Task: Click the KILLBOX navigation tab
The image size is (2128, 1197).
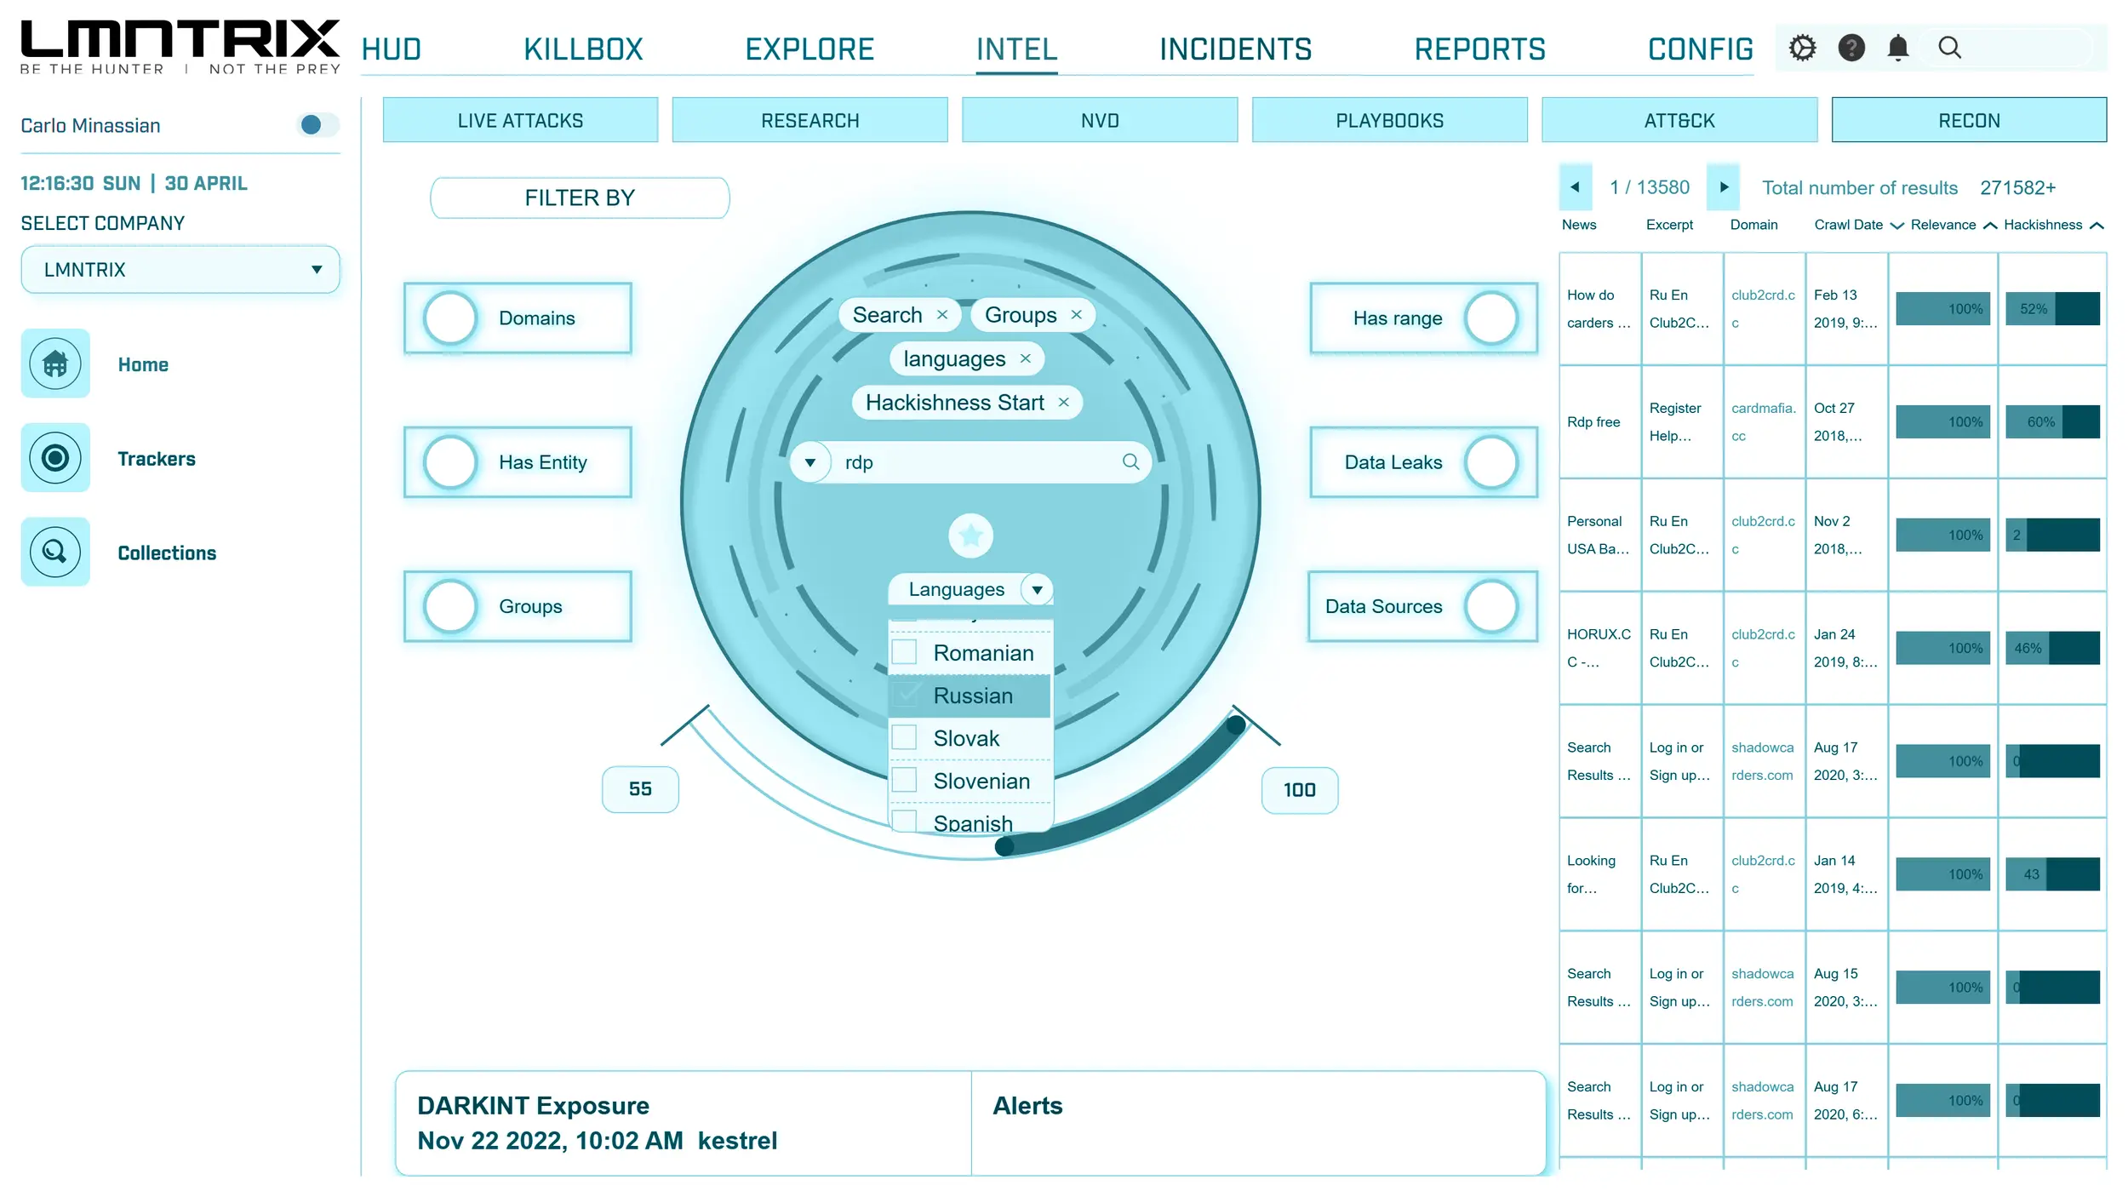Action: coord(583,49)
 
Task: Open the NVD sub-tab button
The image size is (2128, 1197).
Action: coord(1099,120)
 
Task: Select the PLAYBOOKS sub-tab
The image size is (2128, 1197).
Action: coord(1389,120)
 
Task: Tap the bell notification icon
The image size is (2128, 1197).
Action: coord(1897,48)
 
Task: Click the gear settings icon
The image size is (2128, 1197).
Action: coord(1802,48)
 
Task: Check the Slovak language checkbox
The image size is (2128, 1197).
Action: coord(904,737)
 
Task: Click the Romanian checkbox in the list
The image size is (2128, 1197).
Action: coord(904,652)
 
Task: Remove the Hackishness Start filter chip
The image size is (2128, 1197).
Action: coord(1063,403)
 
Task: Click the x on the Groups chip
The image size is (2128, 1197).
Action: coord(1077,315)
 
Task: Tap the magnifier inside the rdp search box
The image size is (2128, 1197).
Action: coord(1130,461)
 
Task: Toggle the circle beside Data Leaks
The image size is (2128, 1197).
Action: coord(1491,462)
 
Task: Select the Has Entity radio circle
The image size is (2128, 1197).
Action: coord(450,462)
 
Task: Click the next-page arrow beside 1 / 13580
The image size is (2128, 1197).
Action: coord(1724,187)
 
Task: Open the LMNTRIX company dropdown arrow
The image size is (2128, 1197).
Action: coord(317,270)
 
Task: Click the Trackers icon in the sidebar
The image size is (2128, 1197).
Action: coord(55,458)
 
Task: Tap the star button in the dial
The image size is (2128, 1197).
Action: coord(970,535)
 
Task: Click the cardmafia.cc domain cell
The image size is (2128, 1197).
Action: coord(1763,421)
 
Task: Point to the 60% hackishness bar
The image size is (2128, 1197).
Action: coord(2051,421)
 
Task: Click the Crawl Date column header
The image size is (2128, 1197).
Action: coord(1848,225)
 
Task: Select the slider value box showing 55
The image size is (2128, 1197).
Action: coord(640,789)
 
